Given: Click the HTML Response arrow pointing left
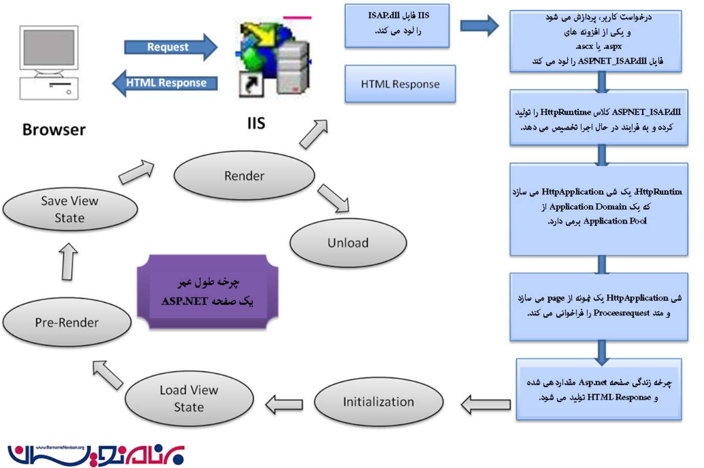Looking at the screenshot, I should click(x=165, y=83).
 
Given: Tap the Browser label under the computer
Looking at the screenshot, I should click(x=54, y=130).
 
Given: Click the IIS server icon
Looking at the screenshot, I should click(x=274, y=57).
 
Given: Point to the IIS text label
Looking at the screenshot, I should click(x=256, y=124).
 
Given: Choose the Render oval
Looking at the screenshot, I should click(x=244, y=176).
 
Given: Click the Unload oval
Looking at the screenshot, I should click(x=348, y=243).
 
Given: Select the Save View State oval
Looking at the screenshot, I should click(x=70, y=209).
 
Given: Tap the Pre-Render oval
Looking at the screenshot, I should click(x=67, y=323).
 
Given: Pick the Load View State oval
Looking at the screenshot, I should click(x=189, y=399).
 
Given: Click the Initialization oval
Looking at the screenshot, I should click(x=378, y=402).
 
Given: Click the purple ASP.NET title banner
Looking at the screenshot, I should click(x=207, y=291).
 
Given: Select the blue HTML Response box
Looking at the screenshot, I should click(x=400, y=84).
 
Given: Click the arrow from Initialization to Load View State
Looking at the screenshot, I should click(x=284, y=404).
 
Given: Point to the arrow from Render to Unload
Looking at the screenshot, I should click(x=333, y=198).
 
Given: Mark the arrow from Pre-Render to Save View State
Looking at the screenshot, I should click(x=69, y=261).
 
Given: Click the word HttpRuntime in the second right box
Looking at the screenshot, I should click(x=565, y=112).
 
